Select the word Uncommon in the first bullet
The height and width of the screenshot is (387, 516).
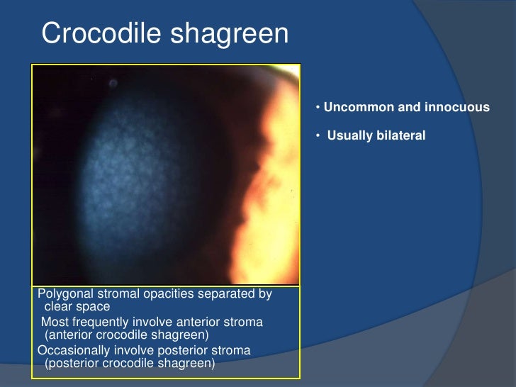click(357, 108)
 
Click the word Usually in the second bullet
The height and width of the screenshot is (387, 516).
click(349, 135)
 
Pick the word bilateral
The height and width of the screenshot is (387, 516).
click(400, 135)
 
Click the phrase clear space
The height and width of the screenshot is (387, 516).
click(77, 307)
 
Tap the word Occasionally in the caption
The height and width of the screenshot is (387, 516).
click(76, 351)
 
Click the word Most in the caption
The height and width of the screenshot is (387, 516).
click(54, 322)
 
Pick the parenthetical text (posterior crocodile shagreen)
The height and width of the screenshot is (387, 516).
click(129, 364)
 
